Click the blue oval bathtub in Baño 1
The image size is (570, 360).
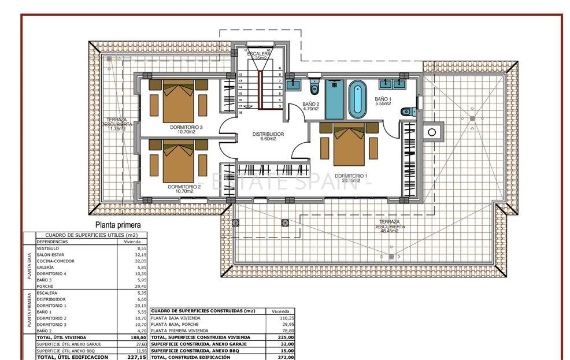point(357,99)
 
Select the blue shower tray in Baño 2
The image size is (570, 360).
point(334,99)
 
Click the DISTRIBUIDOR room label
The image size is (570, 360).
point(268,134)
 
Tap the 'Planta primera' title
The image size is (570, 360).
point(118,225)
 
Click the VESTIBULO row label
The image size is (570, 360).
point(48,248)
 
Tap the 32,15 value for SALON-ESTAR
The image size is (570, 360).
point(139,254)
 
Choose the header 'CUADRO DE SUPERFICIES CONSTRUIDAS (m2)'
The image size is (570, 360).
point(203,311)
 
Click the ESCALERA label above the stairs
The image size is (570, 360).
point(262,54)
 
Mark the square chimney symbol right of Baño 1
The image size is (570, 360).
point(431,132)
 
